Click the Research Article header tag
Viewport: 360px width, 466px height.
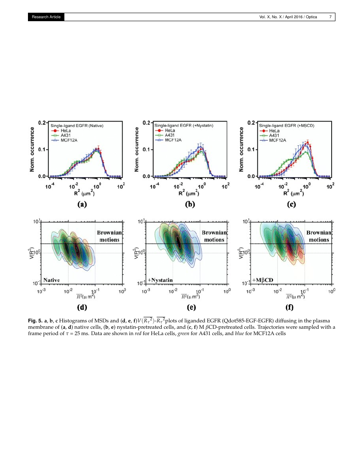pos(46,17)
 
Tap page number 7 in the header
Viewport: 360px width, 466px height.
pos(330,17)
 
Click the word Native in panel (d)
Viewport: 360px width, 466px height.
pos(51,280)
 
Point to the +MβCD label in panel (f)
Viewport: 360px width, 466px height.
pos(263,280)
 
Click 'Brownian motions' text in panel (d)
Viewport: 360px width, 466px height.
pos(110,236)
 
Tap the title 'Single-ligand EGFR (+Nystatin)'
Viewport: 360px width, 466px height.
pos(183,125)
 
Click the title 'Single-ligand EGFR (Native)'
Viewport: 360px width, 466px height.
pos(77,125)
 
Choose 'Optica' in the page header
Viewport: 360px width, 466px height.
pos(314,17)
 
